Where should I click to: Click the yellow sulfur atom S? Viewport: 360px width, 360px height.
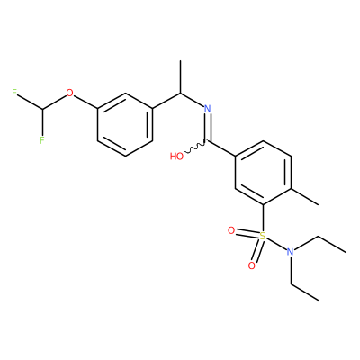click(263, 236)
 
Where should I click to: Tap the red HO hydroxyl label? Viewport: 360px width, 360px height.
click(176, 156)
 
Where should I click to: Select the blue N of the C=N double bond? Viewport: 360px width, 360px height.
click(208, 109)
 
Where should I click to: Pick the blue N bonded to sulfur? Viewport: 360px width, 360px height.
click(290, 252)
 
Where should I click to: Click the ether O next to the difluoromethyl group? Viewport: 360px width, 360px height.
click(69, 93)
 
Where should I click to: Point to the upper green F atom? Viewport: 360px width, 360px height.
click(14, 93)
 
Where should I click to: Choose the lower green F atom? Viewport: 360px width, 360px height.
click(42, 139)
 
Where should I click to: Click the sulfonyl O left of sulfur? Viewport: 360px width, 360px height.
click(231, 230)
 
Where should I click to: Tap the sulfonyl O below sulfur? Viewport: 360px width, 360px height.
click(252, 265)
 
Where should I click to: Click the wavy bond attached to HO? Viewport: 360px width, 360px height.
click(195, 147)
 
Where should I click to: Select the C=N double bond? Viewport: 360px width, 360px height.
click(208, 127)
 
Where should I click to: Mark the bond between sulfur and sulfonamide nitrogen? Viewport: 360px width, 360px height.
click(276, 244)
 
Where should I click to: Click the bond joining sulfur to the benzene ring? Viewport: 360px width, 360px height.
click(263, 218)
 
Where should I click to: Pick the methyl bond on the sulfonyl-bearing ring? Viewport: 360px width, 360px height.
click(305, 197)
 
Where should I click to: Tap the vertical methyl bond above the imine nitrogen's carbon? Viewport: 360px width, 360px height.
click(180, 76)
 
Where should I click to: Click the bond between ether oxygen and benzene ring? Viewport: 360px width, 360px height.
click(85, 102)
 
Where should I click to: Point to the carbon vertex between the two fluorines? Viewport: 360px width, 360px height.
click(42, 108)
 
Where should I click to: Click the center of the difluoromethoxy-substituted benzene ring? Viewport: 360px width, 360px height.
click(125, 124)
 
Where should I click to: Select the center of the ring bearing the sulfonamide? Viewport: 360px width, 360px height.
click(263, 173)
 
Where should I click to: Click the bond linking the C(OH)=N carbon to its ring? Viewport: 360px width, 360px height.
click(221, 148)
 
